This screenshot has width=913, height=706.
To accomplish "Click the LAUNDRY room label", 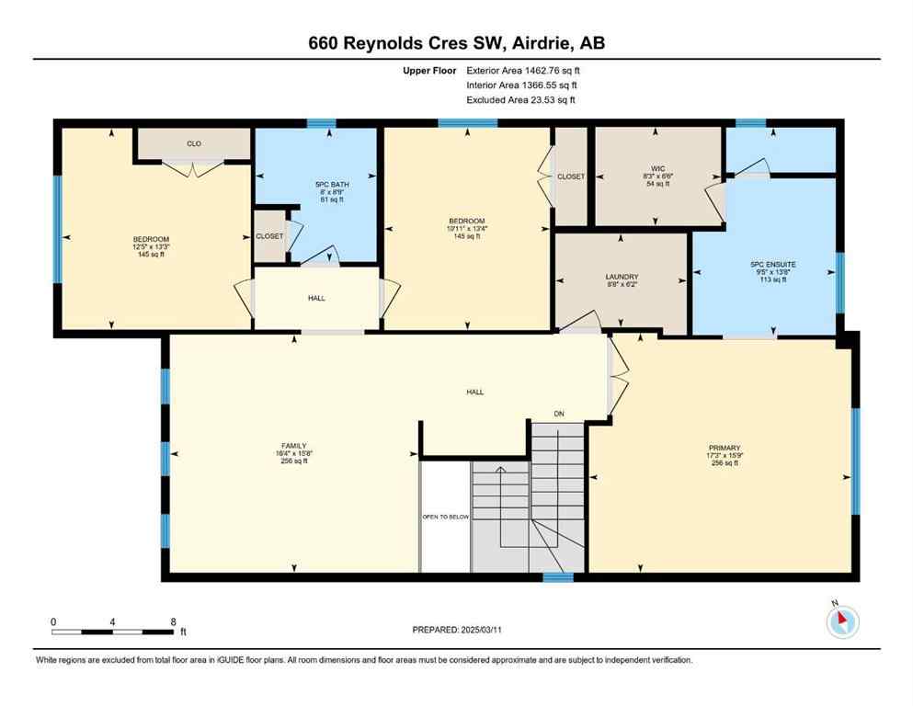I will coord(622,277).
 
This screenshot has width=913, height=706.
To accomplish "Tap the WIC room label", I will coord(656,168).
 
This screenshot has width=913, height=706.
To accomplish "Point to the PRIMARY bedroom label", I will coord(725,448).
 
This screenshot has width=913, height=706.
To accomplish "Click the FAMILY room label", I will coord(293,445).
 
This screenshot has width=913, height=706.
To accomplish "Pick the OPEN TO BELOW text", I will coord(446,517).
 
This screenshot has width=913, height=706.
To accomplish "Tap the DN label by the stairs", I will coord(558,414).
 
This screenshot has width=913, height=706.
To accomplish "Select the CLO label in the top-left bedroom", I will coord(193,143).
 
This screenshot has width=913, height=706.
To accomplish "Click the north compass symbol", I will coord(842,622).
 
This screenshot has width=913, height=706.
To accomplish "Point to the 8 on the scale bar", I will coord(173,621).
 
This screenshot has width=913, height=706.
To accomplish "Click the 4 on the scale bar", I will coord(112,621).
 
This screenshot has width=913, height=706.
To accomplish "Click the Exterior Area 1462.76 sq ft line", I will coord(523,70).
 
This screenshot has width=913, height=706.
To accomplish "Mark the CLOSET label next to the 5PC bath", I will coord(269,236).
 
